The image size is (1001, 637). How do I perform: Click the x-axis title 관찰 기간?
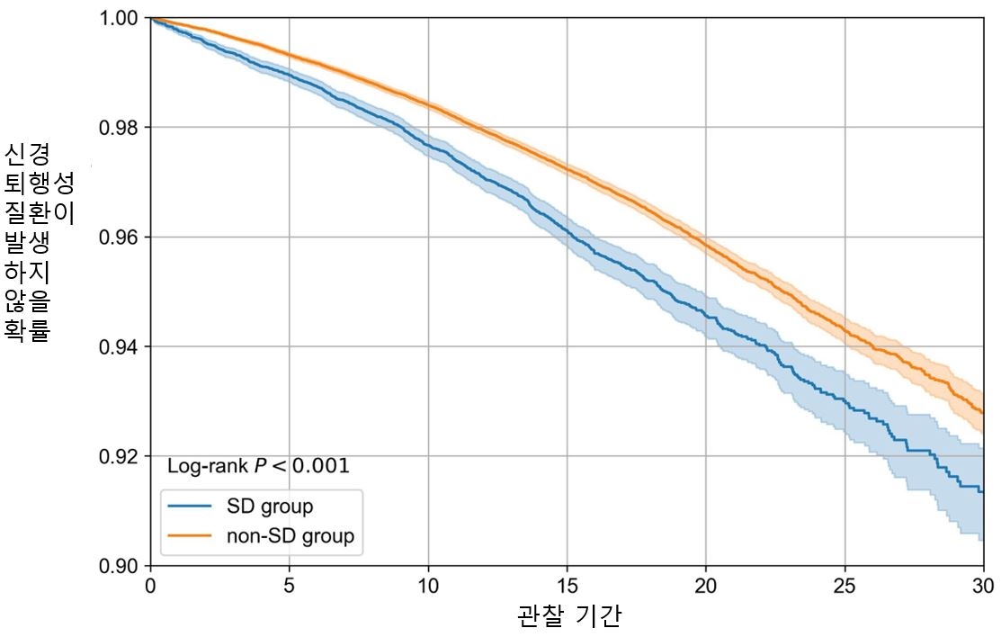[569, 616]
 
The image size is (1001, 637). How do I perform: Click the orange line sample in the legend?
[191, 537]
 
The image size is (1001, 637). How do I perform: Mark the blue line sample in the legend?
[191, 507]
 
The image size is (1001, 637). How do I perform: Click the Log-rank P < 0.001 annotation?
[258, 467]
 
